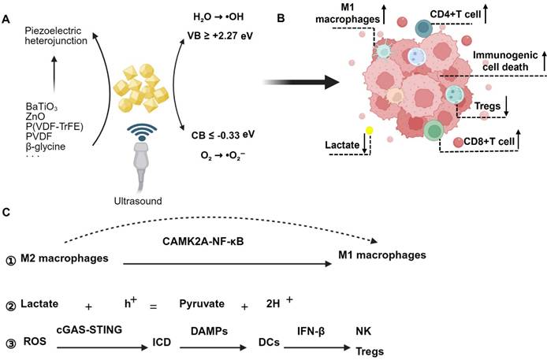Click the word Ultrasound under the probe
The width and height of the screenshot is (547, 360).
click(138, 201)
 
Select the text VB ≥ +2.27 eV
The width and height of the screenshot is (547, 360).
click(218, 35)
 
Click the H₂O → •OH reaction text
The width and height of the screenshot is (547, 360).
click(218, 17)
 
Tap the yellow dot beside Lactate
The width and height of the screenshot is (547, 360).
click(368, 131)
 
